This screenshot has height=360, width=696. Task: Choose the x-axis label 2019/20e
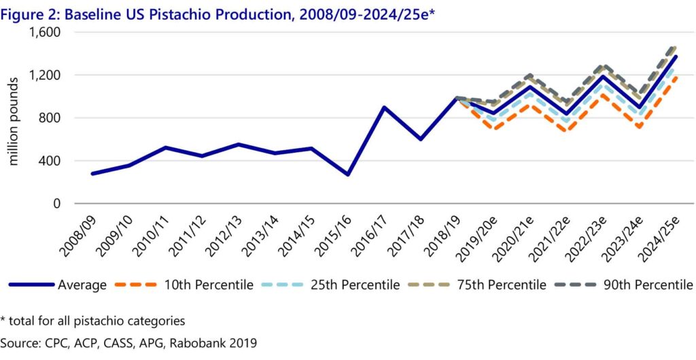[x=480, y=233]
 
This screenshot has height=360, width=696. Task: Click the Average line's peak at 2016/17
[x=384, y=107]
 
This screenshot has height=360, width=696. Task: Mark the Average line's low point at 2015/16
[x=347, y=175]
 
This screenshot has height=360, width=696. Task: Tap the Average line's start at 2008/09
[x=92, y=173]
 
